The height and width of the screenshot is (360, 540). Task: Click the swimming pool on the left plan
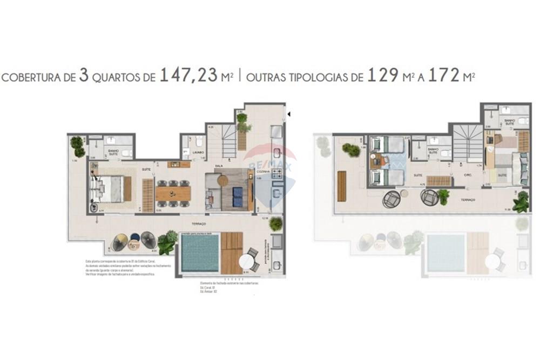tap(200, 252)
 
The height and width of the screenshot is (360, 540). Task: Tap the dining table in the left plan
tap(173, 193)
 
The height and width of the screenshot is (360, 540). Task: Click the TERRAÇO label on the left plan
tap(200, 223)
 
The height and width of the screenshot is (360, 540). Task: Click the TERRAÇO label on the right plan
tap(467, 200)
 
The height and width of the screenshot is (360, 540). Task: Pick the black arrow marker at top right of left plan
tap(290, 114)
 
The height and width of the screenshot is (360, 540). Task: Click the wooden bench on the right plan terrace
tap(342, 186)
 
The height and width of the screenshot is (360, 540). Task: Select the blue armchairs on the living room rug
tap(237, 197)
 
